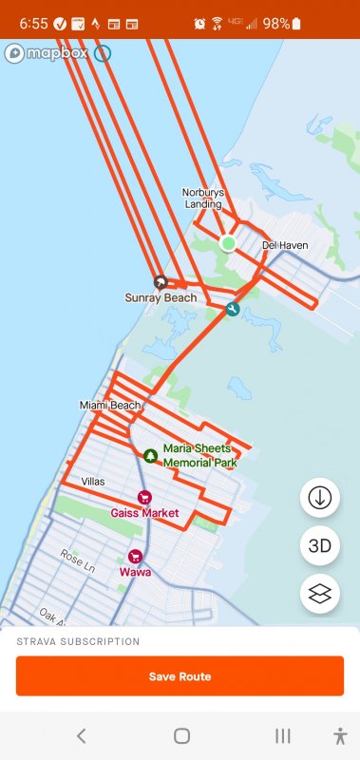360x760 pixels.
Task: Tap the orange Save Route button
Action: tap(180, 676)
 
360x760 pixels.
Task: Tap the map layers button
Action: tap(320, 594)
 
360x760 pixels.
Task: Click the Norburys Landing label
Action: tap(203, 198)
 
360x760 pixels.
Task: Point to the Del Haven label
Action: tap(285, 245)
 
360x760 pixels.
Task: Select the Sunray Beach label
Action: tap(161, 297)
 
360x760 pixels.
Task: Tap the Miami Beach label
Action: tap(110, 406)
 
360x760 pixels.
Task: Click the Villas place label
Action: tap(94, 481)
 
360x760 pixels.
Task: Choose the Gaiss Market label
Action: tap(144, 513)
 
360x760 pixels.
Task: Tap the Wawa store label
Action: tap(134, 572)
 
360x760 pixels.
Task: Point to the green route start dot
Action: tap(228, 243)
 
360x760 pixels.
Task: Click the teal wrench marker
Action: tap(232, 309)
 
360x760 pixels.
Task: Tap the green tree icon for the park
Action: tap(150, 455)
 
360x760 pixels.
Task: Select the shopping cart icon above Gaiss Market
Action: tap(144, 497)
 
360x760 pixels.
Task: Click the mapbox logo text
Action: tap(58, 53)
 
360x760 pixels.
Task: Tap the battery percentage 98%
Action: tap(276, 24)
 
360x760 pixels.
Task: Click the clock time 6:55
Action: tap(33, 24)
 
